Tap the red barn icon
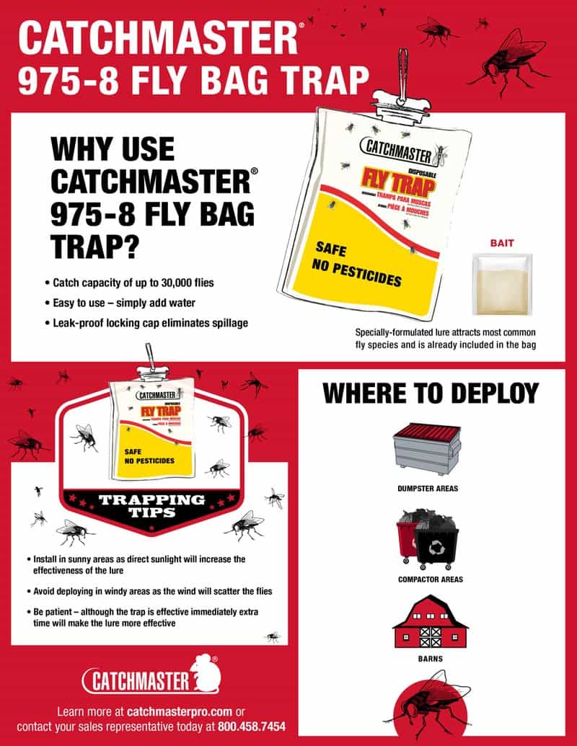[430, 621]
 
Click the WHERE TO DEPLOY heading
[431, 393]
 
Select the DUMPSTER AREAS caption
[428, 488]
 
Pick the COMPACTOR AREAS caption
[430, 579]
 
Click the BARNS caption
[430, 658]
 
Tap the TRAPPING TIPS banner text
[151, 505]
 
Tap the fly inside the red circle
[431, 700]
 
